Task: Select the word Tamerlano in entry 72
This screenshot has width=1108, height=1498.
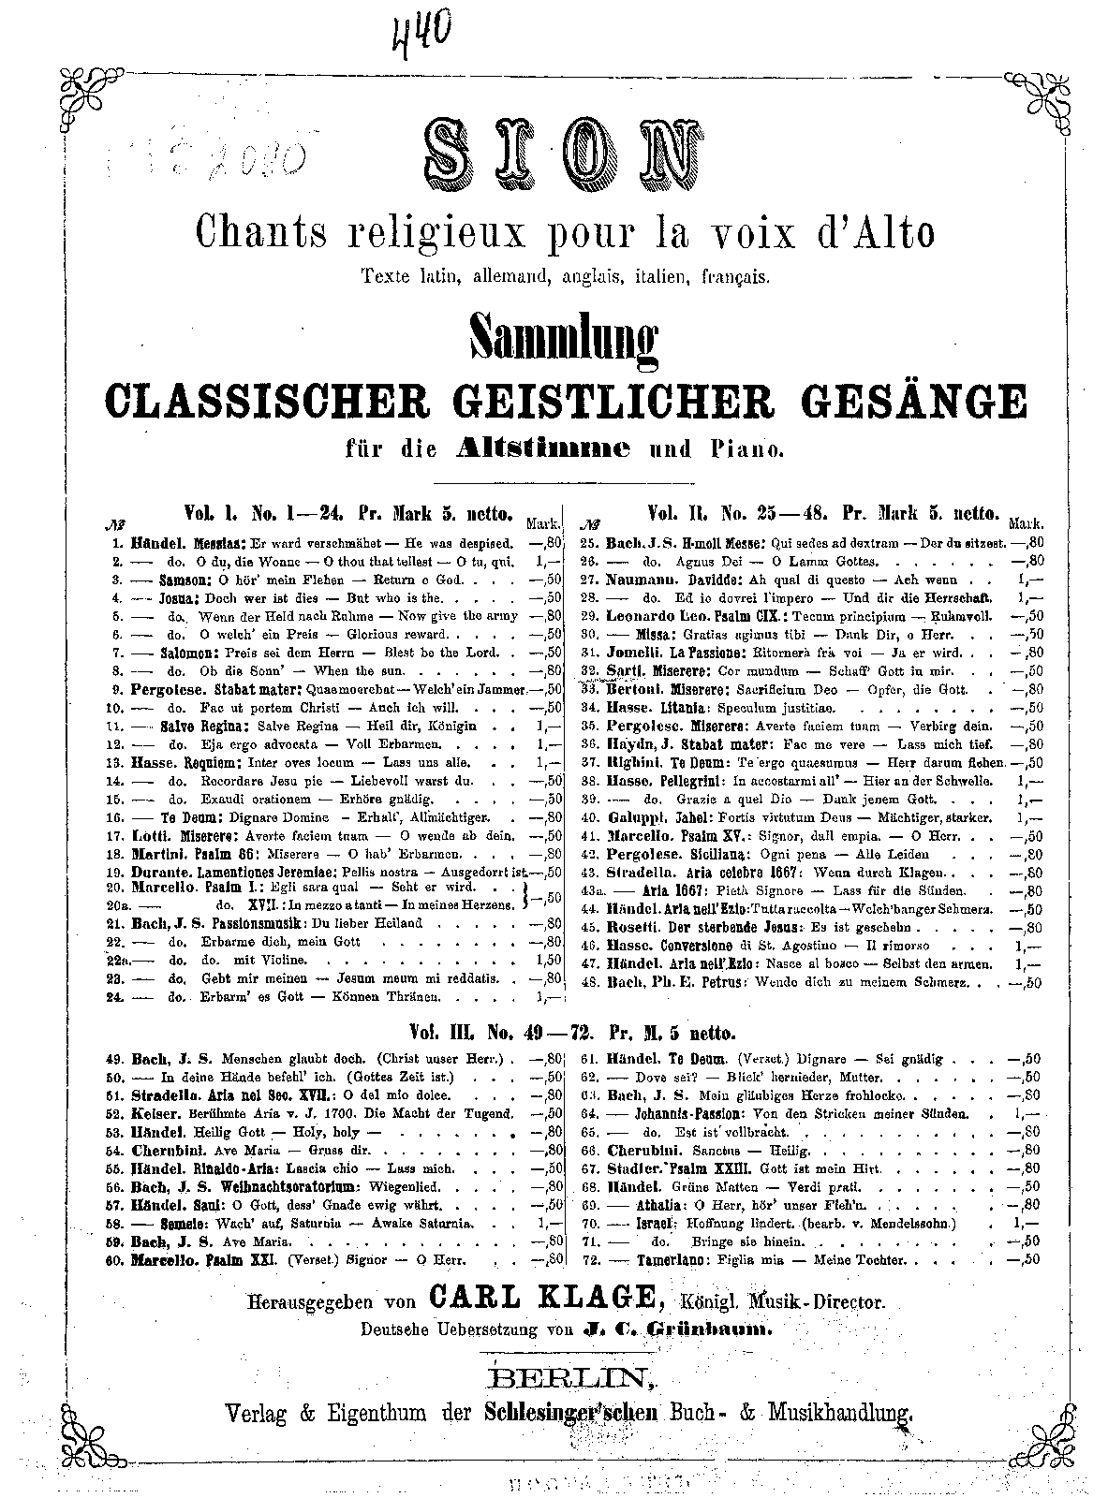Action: pos(662,1259)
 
